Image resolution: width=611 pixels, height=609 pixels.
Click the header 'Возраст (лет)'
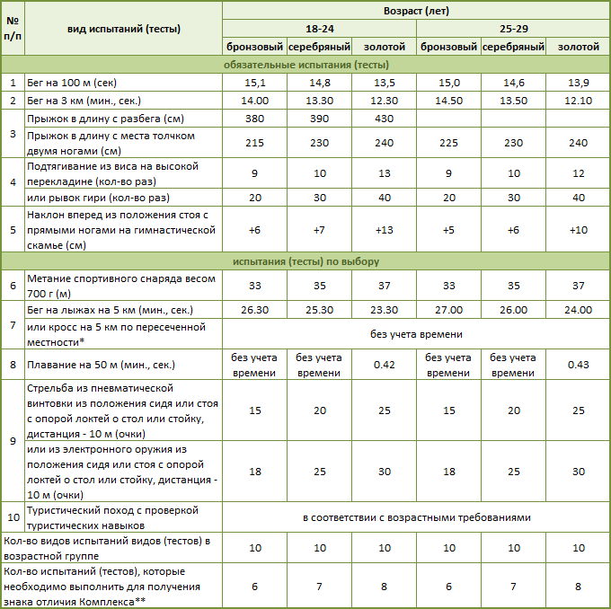(416, 12)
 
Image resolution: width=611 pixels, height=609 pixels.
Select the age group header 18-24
(319, 29)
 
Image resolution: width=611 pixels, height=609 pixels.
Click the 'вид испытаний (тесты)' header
(124, 29)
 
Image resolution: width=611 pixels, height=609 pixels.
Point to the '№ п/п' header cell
(13, 29)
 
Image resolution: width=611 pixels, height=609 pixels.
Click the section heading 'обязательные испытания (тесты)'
(305, 65)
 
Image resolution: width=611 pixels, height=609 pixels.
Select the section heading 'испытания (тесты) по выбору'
(305, 261)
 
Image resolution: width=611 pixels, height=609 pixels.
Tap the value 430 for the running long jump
(384, 119)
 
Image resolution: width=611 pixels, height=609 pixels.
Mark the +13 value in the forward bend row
(384, 230)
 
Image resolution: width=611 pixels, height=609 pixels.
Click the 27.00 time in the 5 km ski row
(448, 311)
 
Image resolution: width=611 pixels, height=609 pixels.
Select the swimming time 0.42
(384, 365)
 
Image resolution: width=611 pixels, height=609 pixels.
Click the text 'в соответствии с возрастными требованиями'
(416, 517)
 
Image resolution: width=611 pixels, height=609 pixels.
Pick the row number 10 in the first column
(13, 517)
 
